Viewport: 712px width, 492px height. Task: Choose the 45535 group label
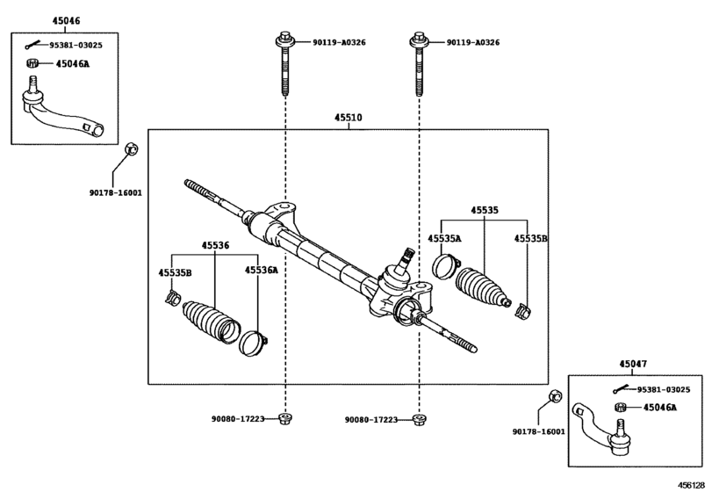[484, 211]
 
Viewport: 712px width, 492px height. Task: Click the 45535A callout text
[444, 238]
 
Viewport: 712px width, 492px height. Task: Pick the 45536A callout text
[261, 271]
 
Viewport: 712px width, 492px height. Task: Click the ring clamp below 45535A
[445, 265]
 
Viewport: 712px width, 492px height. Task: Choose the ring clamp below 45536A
[253, 343]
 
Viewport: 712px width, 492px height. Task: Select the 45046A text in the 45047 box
[659, 408]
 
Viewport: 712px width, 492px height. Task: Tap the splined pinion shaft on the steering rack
[406, 259]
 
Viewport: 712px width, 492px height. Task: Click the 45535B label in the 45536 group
[175, 273]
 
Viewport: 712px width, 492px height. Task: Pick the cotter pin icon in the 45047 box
[622, 389]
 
